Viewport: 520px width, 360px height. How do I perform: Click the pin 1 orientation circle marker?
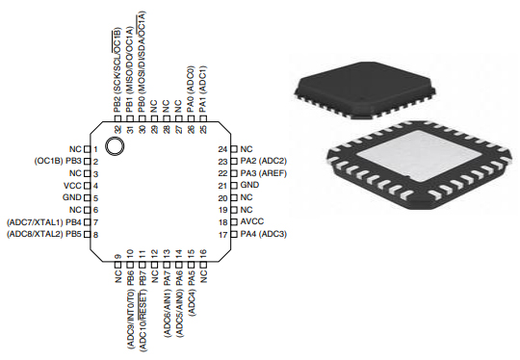(x=116, y=147)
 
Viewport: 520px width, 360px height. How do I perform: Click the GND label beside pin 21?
(x=249, y=185)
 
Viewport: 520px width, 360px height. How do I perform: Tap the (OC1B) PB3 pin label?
(x=59, y=160)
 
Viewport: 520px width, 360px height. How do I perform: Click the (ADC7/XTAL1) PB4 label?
(x=44, y=221)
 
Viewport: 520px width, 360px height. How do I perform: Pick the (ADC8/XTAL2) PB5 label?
(x=44, y=234)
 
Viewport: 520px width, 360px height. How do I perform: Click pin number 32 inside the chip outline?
(x=117, y=129)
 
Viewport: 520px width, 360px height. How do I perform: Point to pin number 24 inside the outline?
(x=221, y=148)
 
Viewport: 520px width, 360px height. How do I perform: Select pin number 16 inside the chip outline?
(x=204, y=252)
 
